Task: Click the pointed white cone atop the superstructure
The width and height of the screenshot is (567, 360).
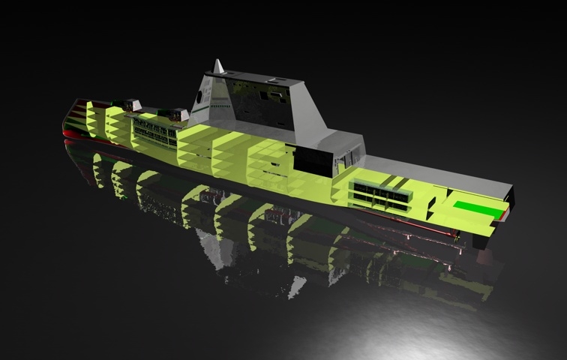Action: (218, 67)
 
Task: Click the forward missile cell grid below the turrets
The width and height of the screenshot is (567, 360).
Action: (154, 134)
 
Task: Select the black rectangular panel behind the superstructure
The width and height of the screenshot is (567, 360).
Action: (314, 160)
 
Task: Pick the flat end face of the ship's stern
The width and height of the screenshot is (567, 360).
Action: (511, 199)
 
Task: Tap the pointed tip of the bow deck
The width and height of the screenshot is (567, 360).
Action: (73, 101)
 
